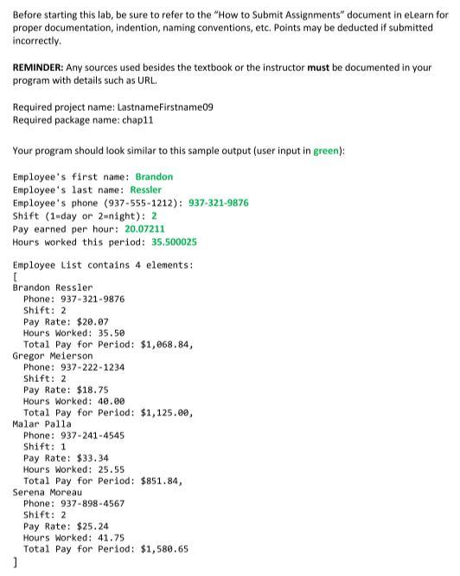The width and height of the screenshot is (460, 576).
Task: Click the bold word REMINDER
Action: click(41, 67)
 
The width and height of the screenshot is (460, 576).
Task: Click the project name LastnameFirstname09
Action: click(159, 107)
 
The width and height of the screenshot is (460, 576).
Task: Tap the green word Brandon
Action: click(154, 177)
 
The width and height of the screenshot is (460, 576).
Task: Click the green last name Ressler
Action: click(145, 190)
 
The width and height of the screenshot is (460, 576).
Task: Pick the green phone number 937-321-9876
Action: click(218, 203)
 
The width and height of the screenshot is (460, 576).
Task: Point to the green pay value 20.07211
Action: click(144, 229)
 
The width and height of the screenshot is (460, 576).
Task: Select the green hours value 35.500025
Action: click(174, 242)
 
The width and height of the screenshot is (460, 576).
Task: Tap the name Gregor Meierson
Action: click(53, 356)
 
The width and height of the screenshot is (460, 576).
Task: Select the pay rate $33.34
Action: click(93, 458)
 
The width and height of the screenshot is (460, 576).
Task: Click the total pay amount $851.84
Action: click(160, 481)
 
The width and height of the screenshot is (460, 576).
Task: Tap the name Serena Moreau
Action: click(48, 492)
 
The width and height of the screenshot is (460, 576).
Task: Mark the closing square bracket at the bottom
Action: click(16, 561)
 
